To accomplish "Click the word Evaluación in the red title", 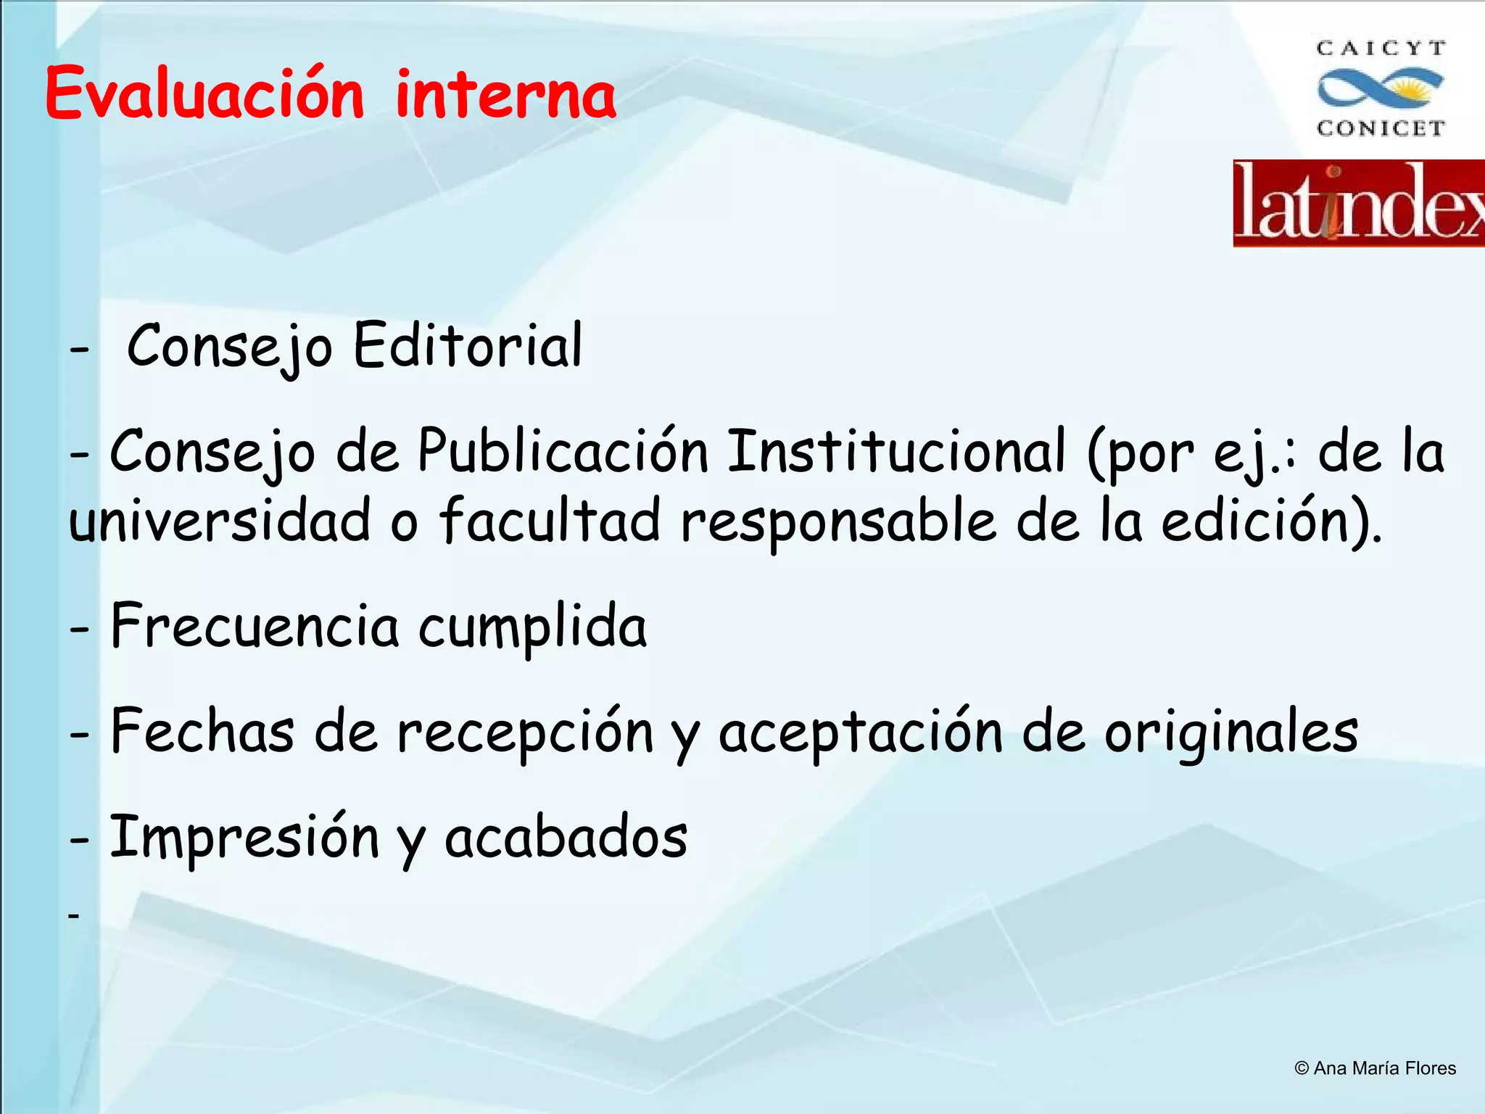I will pos(204,94).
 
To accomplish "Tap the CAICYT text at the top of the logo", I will pos(1381,49).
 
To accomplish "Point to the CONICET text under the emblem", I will pos(1381,128).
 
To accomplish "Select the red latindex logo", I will pos(1359,204).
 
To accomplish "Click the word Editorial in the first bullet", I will pos(468,345).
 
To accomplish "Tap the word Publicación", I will pos(563,451).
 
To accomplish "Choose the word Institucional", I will pos(896,451).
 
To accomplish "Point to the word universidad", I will pos(220,520).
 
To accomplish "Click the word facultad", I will pos(550,520).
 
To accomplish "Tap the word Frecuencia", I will pos(255,626).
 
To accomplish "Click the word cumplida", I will pos(533,627).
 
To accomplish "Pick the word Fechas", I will pos(202,731).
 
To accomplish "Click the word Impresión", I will pos(245,838).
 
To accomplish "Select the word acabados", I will pos(566,838).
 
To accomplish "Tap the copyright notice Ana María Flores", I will pos(1375,1068).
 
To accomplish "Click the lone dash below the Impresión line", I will pos(73,916).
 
